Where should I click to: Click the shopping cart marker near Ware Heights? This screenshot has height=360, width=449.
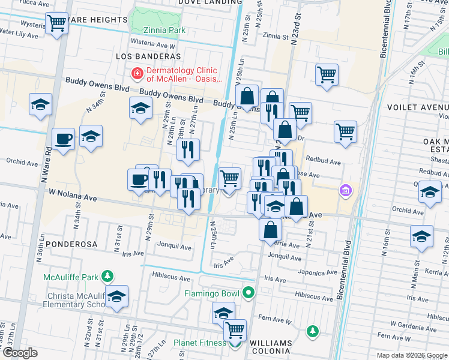pyautogui.click(x=57, y=24)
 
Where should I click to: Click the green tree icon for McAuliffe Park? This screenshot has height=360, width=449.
pyautogui.click(x=107, y=277)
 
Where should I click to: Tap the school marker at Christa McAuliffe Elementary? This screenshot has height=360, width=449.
pyautogui.click(x=116, y=296)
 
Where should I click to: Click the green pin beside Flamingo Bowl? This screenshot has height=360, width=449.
pyautogui.click(x=249, y=293)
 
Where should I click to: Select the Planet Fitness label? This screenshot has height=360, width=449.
pyautogui.click(x=200, y=343)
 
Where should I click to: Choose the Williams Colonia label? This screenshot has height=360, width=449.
pyautogui.click(x=270, y=347)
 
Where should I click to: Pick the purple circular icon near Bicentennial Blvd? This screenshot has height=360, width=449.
pyautogui.click(x=345, y=191)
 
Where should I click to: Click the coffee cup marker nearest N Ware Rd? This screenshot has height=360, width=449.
pyautogui.click(x=62, y=140)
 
